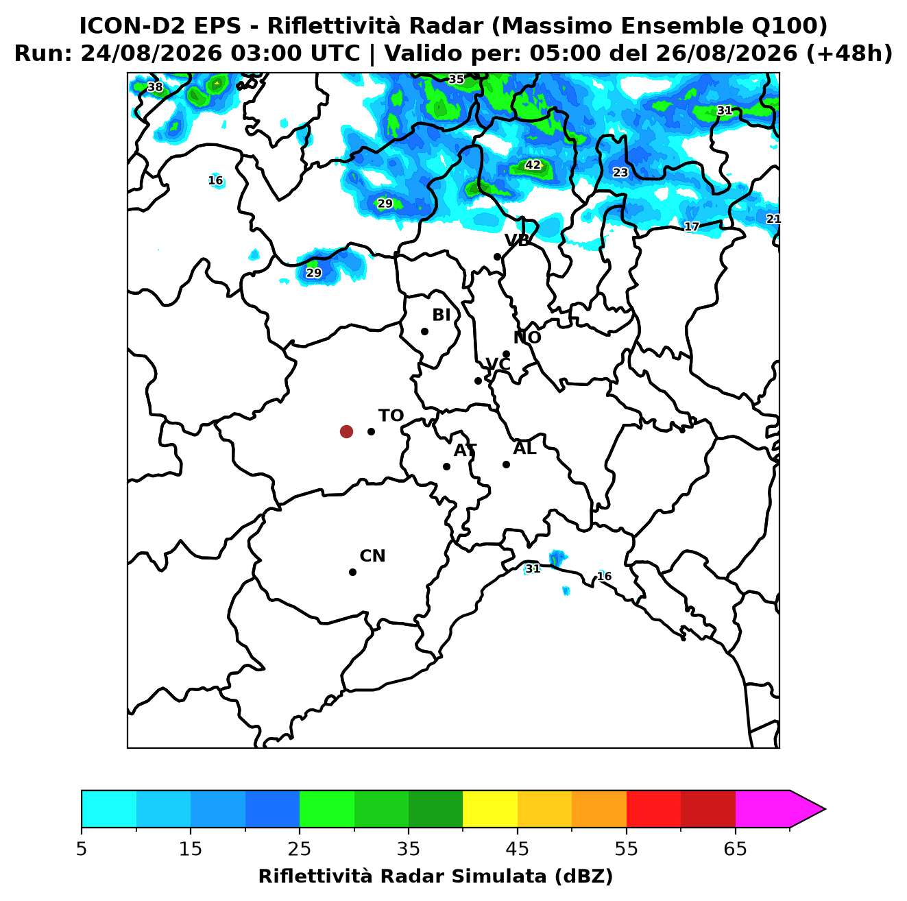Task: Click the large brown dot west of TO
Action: [346, 431]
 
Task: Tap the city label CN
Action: [372, 556]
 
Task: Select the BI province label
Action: [441, 315]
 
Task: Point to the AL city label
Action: [524, 448]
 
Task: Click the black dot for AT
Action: [447, 467]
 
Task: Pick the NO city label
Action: [527, 337]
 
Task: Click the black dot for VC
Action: [479, 381]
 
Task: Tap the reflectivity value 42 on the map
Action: [533, 165]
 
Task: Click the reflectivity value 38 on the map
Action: [155, 87]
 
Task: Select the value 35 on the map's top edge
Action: [456, 79]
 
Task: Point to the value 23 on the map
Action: [620, 173]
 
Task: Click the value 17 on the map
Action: [692, 227]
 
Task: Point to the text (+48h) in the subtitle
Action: [849, 53]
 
